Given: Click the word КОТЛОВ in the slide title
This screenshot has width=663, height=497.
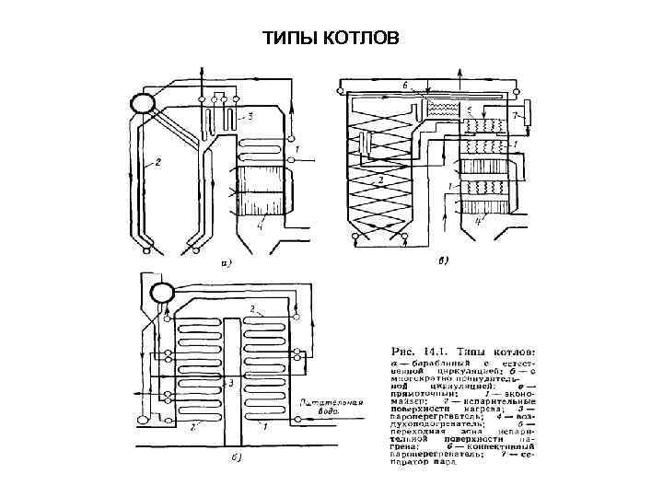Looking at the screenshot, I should pos(363,39).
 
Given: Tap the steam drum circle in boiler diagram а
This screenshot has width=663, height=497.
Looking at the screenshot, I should pos(143,101).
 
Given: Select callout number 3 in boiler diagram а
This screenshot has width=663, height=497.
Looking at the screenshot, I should pos(250,117).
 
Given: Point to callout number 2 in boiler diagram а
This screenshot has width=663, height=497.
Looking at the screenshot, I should pos(157,163).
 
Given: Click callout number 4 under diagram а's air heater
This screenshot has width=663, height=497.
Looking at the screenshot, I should pos(261,224).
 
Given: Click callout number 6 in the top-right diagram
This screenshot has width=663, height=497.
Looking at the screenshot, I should pos(404,86).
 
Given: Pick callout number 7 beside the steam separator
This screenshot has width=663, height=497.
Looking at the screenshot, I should pos(516,117).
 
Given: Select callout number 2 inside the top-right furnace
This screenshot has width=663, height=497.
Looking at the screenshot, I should pos(379,179).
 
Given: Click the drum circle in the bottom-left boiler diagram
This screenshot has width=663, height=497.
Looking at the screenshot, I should pos(162,294).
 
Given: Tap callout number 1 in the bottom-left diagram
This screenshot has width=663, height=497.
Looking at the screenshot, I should pos(264,427).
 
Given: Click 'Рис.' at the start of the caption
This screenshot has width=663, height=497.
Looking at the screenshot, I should pos(406,352).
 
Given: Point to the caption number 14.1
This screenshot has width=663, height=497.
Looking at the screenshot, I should pos(441,352).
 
